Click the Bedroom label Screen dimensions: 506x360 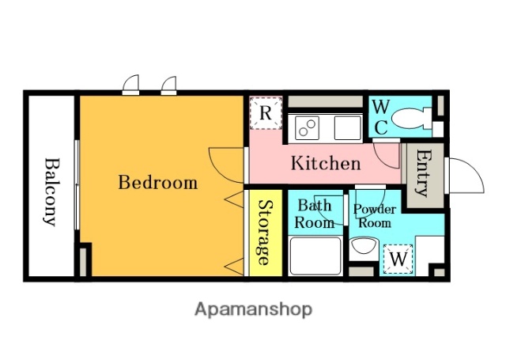coord(158,183)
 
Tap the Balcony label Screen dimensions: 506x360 coord(51,191)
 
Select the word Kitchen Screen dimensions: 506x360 coord(326,163)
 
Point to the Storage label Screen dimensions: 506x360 coord(266,233)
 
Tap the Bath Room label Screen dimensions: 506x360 coord(315,214)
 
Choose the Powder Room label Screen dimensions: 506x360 coord(375,216)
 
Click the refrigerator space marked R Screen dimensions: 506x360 coord(266,113)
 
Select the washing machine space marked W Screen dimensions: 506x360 coord(398,259)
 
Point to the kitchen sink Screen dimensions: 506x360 coord(348,127)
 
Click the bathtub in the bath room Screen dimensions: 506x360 coord(315,256)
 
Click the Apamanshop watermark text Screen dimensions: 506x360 coord(253,309)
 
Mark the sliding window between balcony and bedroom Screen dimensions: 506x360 coord(77,184)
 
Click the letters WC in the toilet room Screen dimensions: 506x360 coord(381,118)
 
